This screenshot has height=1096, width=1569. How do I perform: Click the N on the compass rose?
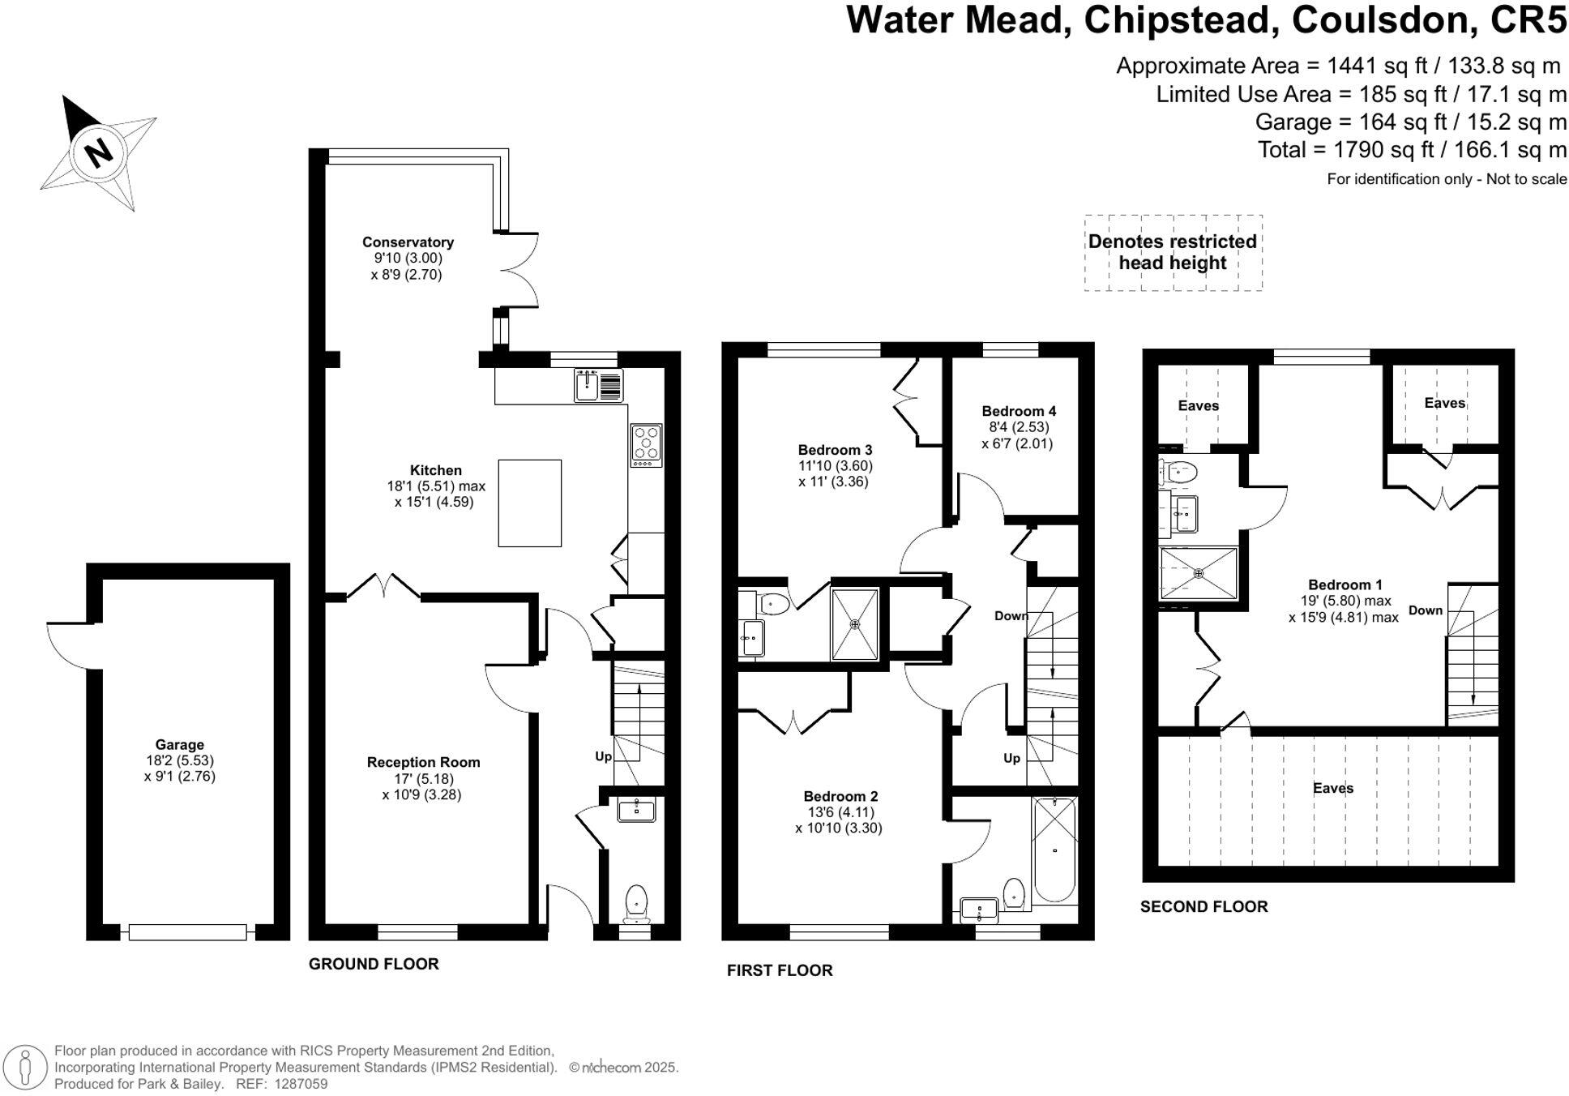tap(99, 152)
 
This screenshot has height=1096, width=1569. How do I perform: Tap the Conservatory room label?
tap(408, 242)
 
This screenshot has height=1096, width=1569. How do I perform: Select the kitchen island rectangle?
tap(529, 503)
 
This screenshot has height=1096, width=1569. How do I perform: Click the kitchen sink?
tap(599, 385)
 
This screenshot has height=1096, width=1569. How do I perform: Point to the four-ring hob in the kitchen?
tap(646, 445)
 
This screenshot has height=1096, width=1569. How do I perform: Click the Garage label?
tap(180, 744)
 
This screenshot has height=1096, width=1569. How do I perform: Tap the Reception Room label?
tap(423, 762)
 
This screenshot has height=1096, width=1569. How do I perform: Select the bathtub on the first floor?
tap(1054, 849)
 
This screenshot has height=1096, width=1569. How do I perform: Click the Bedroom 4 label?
tap(1019, 411)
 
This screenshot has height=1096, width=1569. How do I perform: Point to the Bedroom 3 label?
tap(835, 450)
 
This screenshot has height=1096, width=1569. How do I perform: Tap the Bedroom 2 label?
tap(840, 796)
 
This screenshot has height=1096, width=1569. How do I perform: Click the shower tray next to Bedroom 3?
tap(855, 623)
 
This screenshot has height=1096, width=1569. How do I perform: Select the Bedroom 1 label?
tap(1345, 584)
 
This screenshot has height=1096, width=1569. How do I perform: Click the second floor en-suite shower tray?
tap(1199, 573)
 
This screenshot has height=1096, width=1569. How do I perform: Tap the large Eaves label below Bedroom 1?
tap(1333, 788)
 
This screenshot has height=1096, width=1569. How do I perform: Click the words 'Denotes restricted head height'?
tap(1173, 252)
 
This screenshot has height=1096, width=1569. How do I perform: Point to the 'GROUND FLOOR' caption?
tap(374, 964)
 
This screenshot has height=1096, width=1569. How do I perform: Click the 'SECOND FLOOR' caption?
tap(1203, 907)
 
